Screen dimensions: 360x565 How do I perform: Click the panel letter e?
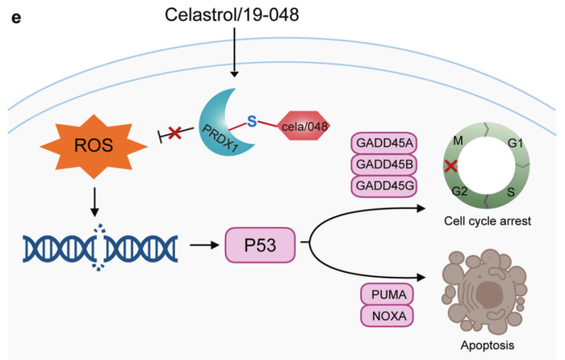[x=15, y=15]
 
